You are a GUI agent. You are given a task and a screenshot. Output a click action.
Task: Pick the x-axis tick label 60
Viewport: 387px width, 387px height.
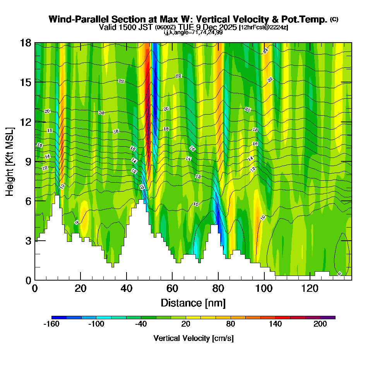pos(172,288)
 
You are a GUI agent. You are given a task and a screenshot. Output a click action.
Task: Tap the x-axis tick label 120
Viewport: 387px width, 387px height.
pos(310,288)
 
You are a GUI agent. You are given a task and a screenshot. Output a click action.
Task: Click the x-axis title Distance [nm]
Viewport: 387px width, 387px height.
pos(193,302)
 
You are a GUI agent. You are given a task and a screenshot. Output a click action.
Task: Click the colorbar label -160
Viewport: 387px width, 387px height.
pos(51,324)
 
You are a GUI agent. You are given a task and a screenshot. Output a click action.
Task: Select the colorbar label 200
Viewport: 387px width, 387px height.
pos(320,324)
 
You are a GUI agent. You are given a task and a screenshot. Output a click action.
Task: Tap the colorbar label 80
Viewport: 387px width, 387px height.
pos(231,324)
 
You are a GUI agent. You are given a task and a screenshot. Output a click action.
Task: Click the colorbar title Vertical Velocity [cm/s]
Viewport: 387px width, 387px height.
pos(193,338)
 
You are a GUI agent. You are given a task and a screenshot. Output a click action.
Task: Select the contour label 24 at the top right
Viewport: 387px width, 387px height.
pos(265,51)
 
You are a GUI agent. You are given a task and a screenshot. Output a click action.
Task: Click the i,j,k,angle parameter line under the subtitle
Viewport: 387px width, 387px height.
pos(193,32)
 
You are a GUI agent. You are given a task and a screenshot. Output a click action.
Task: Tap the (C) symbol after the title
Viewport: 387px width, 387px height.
pos(334,19)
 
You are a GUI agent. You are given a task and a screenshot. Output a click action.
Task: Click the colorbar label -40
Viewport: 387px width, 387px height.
pos(141,324)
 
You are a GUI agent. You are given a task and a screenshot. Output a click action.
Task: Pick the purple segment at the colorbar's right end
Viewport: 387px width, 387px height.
pos(331,317)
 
